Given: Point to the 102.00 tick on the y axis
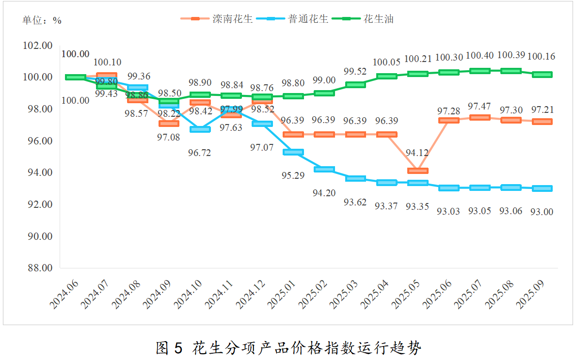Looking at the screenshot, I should click(38, 46).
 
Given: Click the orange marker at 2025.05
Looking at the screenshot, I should click(417, 171).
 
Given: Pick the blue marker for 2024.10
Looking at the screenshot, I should click(200, 129).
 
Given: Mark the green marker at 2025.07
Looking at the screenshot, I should click(479, 71).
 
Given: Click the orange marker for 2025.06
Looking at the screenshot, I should click(448, 120).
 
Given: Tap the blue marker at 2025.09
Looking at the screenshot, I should click(542, 188).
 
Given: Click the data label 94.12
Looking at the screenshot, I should click(417, 153).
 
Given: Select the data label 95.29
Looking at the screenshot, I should click(293, 175).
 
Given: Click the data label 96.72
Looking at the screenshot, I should click(200, 153).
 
